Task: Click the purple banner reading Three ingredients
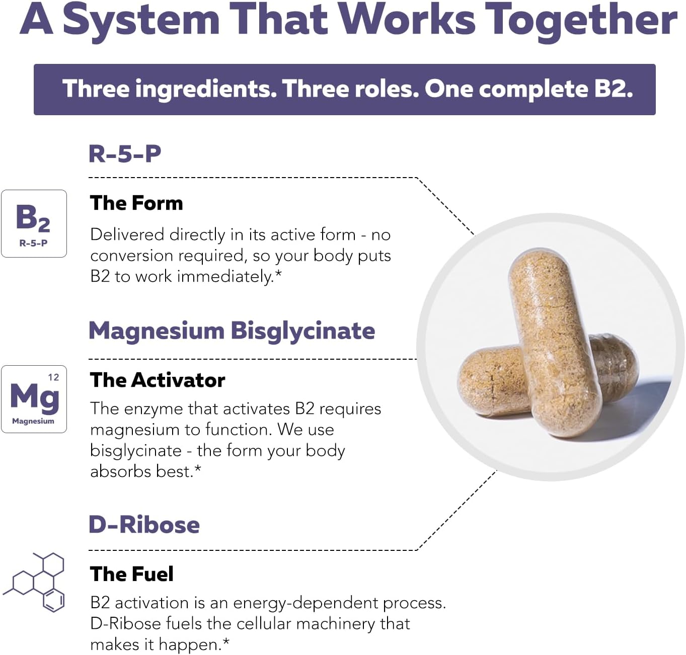pyautogui.click(x=344, y=89)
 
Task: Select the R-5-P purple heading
pyautogui.click(x=125, y=153)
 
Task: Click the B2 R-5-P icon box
pyautogui.click(x=34, y=223)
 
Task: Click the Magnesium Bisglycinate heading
pyautogui.click(x=232, y=331)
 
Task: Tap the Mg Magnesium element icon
pyautogui.click(x=34, y=399)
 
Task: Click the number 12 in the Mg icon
pyautogui.click(x=53, y=378)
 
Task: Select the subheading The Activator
pyautogui.click(x=157, y=380)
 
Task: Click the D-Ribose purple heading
pyautogui.click(x=144, y=525)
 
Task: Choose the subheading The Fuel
pyautogui.click(x=131, y=574)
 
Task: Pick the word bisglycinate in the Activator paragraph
pyautogui.click(x=136, y=451)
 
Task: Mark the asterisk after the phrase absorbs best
pyautogui.click(x=198, y=468)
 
